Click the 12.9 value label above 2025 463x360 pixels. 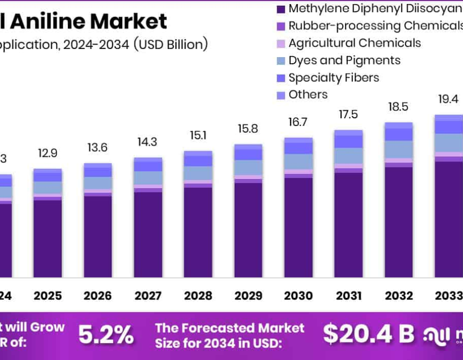point(47,153)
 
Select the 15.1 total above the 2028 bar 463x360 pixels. point(198,135)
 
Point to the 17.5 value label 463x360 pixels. point(348,115)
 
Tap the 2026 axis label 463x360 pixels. point(98,296)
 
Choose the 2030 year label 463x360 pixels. point(298,296)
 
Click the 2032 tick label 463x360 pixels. point(399,296)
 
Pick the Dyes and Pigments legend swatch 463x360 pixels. point(280,61)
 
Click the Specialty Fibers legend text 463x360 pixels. point(333,78)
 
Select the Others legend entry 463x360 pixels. point(308,95)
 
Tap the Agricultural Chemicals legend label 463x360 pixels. point(354,43)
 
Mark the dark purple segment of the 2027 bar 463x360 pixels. point(148,234)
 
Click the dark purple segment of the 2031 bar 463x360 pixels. point(348,225)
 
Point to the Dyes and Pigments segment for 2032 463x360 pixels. point(399,149)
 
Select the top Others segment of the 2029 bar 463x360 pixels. point(248,147)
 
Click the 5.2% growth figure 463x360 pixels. point(105,335)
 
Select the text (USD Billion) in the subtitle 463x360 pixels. point(171,44)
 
